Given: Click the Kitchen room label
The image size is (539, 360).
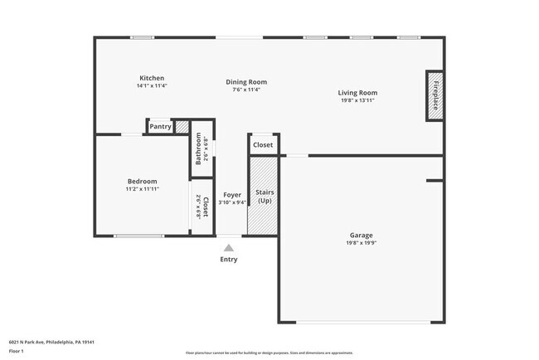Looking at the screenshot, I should (x=152, y=78).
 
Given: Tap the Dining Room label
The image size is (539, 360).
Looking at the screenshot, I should (x=247, y=81).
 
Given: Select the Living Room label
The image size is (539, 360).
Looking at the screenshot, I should (x=357, y=92).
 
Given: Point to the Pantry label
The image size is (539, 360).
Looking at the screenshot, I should (x=160, y=127).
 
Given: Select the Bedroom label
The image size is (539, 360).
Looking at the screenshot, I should (x=142, y=181).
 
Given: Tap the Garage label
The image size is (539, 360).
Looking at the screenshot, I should (x=360, y=235).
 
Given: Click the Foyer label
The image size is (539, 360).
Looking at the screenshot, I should (x=232, y=195).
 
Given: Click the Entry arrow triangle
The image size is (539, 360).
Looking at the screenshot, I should (x=229, y=247).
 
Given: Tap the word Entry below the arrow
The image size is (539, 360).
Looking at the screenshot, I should (x=229, y=260).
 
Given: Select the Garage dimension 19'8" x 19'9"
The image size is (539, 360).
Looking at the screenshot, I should (x=360, y=243).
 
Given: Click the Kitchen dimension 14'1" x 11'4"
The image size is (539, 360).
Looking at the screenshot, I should (x=152, y=86).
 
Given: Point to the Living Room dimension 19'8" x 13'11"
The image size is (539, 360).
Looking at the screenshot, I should (x=357, y=100).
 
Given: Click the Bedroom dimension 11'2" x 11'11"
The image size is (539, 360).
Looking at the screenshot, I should (x=142, y=189).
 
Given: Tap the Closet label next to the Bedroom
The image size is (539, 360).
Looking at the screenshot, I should (x=205, y=207).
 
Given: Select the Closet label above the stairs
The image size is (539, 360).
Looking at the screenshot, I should (x=263, y=145).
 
